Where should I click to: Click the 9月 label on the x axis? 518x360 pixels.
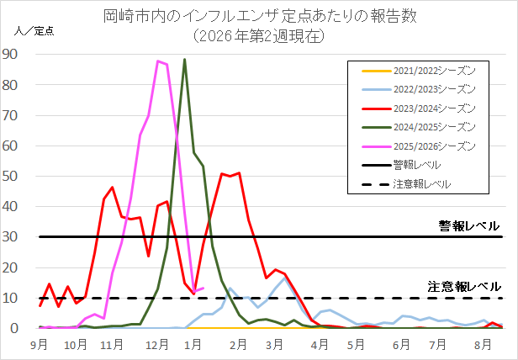tap(40, 344)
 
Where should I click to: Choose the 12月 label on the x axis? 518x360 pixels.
tap(154, 344)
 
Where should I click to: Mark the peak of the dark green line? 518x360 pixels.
tap(184, 60)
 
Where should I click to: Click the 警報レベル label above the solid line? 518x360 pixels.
tap(468, 225)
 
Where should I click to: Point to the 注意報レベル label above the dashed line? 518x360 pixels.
tap(463, 286)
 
